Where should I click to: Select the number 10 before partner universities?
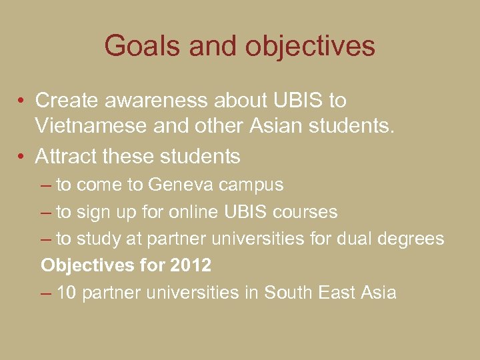click(67, 293)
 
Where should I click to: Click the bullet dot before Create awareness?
click(22, 101)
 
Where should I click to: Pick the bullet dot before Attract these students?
click(22, 157)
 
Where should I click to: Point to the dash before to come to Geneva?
click(46, 185)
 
